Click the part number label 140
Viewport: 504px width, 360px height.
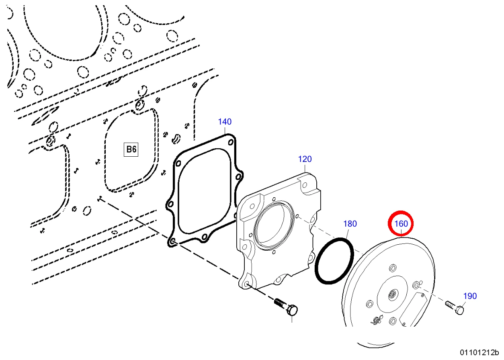225,122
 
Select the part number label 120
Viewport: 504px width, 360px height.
305,159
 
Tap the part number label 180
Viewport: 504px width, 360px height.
350,224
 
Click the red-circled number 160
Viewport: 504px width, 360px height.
401,224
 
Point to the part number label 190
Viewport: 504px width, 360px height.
470,296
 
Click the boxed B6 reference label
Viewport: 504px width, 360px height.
131,149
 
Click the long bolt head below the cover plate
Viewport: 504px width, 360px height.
292,310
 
